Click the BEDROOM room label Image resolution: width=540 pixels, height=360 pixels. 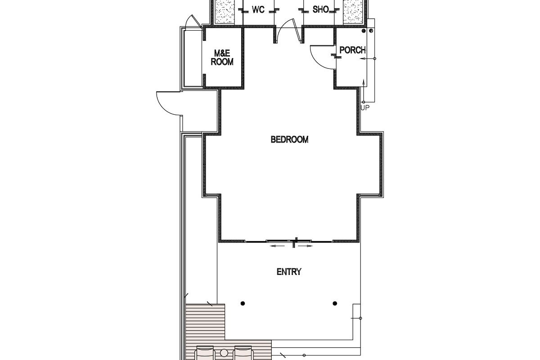289,139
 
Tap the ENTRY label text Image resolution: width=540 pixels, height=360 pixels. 289,272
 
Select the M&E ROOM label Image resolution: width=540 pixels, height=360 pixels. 222,58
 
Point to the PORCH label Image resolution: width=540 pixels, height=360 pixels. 353,50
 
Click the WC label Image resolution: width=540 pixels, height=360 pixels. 258,9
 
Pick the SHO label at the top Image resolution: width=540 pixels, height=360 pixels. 320,9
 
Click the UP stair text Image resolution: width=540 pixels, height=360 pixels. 365,108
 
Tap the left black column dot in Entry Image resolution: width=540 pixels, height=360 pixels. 243,303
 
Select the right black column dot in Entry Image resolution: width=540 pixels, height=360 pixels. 335,303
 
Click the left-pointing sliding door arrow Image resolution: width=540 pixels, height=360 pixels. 277,246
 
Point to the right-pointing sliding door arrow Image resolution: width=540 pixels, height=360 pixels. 306,246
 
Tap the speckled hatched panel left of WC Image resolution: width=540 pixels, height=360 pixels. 225,12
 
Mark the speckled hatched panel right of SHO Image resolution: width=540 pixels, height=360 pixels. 353,12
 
